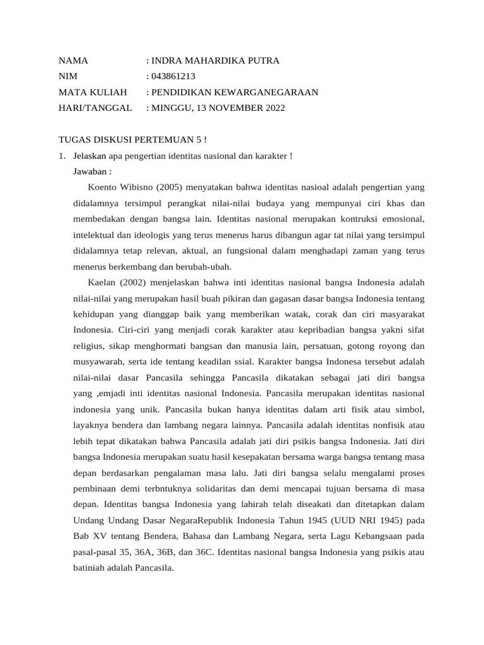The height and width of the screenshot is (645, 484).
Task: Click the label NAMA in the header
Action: point(73,61)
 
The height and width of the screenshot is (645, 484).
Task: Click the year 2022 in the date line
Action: point(272,108)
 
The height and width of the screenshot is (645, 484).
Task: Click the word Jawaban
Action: point(90,171)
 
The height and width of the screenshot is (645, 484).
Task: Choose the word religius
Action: point(89,346)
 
